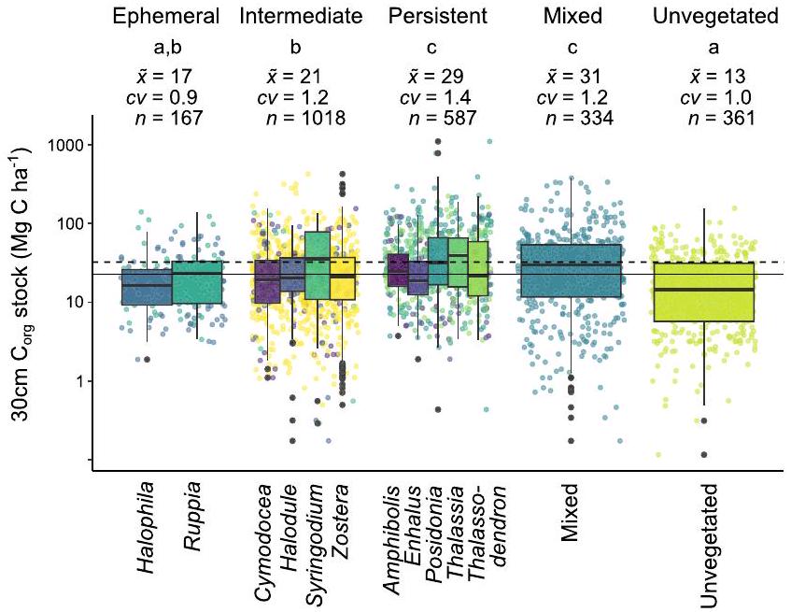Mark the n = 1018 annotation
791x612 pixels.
tap(305, 118)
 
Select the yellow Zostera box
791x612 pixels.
tap(343, 279)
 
